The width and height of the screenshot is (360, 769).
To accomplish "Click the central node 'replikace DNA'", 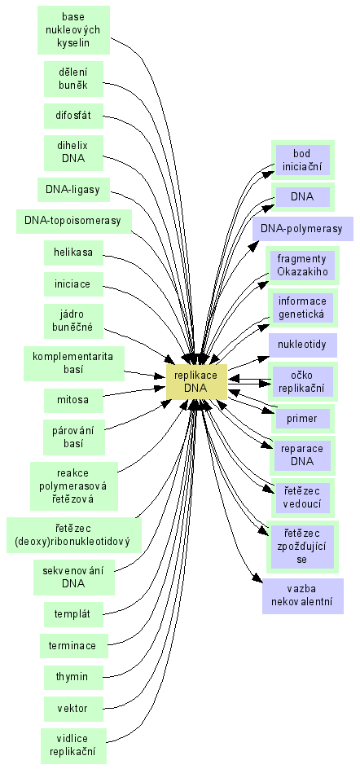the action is pyautogui.click(x=196, y=382).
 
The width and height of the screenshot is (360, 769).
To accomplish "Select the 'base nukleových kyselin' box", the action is pyautogui.click(x=73, y=30).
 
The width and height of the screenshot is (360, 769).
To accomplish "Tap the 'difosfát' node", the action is pyautogui.click(x=73, y=116).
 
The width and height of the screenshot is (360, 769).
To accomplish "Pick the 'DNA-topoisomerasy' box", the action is pyautogui.click(x=73, y=222).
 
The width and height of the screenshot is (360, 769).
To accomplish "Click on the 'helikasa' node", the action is pyautogui.click(x=73, y=253).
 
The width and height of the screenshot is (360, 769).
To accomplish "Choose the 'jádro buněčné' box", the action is pyautogui.click(x=73, y=321).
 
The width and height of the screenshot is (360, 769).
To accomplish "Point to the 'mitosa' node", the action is pyautogui.click(x=73, y=400).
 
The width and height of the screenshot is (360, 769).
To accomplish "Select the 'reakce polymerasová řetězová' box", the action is pyautogui.click(x=74, y=486).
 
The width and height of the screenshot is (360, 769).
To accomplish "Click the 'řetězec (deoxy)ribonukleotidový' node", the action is pyautogui.click(x=74, y=535).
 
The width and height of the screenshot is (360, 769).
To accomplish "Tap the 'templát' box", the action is pyautogui.click(x=73, y=614).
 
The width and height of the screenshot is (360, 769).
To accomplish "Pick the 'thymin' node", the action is pyautogui.click(x=73, y=677).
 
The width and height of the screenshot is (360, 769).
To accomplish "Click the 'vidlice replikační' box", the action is pyautogui.click(x=73, y=745).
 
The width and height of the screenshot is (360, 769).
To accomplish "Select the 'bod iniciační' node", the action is pyautogui.click(x=303, y=160).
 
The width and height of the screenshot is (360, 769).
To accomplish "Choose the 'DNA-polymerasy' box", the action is pyautogui.click(x=303, y=229).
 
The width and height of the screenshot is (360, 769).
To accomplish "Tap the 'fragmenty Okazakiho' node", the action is pyautogui.click(x=303, y=266).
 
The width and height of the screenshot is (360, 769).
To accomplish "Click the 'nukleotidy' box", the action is pyautogui.click(x=303, y=345).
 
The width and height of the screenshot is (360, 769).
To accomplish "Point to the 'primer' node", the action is pyautogui.click(x=303, y=419).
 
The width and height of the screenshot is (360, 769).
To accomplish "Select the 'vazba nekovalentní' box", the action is pyautogui.click(x=303, y=596).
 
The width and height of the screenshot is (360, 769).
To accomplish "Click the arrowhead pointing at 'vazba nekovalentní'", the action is pyautogui.click(x=258, y=578).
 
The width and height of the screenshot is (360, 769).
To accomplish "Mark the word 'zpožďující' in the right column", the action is pyautogui.click(x=303, y=547).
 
